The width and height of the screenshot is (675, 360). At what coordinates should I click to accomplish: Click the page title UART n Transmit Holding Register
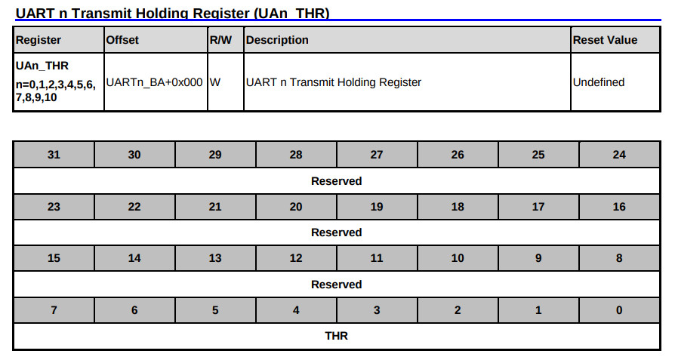click(172, 14)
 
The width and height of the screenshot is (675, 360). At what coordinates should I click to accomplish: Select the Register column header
click(39, 40)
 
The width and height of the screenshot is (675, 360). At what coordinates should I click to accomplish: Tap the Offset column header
click(122, 40)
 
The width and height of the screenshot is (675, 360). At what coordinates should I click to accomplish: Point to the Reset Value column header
click(605, 40)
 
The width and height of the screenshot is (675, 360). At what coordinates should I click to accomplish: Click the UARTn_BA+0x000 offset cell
click(155, 82)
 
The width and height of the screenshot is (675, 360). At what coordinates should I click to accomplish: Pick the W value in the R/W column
click(215, 82)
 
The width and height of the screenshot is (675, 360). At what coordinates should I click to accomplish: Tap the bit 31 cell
click(54, 155)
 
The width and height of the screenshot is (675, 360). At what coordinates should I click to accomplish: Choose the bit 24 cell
click(619, 155)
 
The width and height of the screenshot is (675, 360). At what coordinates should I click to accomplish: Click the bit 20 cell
click(296, 207)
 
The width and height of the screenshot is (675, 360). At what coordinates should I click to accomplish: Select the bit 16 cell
click(619, 207)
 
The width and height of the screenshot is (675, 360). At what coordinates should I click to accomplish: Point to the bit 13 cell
click(215, 258)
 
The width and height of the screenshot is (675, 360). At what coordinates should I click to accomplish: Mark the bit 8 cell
click(619, 258)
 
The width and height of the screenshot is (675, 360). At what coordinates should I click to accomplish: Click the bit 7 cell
click(54, 310)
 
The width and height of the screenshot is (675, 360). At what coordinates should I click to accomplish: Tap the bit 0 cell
click(619, 310)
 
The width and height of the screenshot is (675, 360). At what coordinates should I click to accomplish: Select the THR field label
click(337, 336)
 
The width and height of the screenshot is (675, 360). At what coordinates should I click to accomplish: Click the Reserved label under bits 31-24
click(337, 181)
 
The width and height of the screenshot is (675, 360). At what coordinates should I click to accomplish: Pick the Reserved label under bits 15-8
click(337, 285)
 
